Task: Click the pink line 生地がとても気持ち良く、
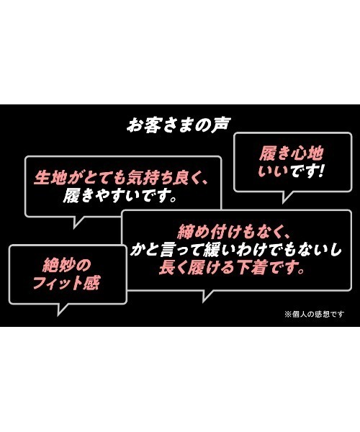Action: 120,178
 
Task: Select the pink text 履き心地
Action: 291,153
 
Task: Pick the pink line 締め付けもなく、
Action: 233,232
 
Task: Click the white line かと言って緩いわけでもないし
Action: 236,250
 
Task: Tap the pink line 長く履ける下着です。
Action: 232,267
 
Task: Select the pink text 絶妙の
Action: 67,265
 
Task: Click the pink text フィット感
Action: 66,282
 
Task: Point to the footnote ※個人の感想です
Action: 314,314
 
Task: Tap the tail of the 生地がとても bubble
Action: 78,222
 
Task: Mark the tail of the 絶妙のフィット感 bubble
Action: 62,309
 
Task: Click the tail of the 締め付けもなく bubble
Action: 207,296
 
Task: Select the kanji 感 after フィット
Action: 91,282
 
